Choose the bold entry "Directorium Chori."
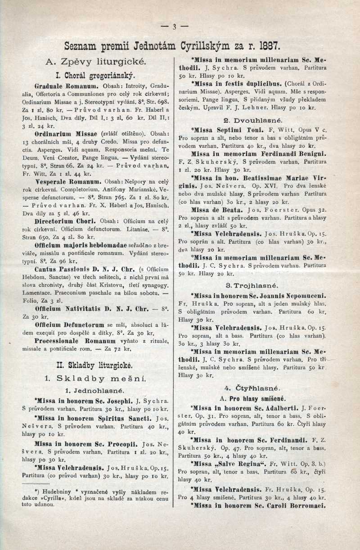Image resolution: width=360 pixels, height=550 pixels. click(65, 221)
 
